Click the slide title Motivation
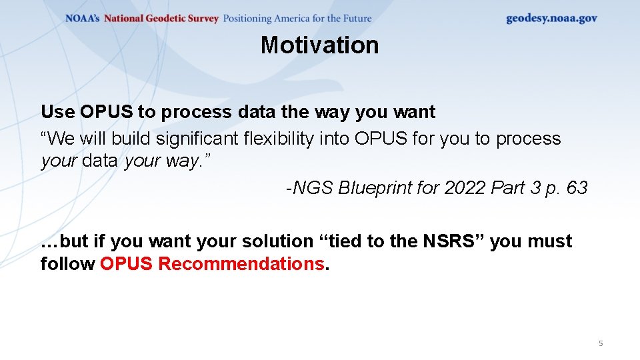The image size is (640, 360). tap(319, 45)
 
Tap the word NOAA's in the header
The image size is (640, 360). tap(82, 19)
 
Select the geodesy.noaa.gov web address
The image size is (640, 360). tap(551, 19)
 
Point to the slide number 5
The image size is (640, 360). tap(601, 343)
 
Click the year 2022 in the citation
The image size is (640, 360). tap(465, 189)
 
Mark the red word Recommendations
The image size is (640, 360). tap(241, 264)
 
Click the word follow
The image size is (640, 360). tap(67, 264)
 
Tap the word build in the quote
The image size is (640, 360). tap(131, 139)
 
